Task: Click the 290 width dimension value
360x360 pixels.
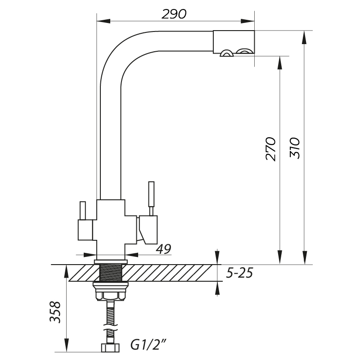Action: tap(174, 14)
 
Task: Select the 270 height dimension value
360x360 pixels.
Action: tap(270, 149)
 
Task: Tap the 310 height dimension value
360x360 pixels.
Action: tap(295, 148)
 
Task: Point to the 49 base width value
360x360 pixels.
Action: tap(163, 249)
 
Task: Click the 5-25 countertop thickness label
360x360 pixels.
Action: tap(239, 273)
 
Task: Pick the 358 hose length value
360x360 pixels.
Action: tap(55, 312)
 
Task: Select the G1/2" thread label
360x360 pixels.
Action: tap(148, 345)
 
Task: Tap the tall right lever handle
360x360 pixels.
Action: tap(151, 198)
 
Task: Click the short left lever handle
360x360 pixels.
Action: tap(83, 211)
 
